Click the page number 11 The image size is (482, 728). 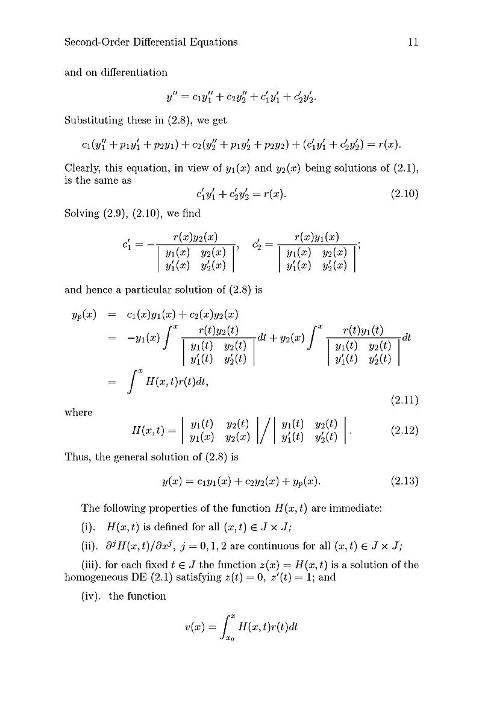(x=413, y=42)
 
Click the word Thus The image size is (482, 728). (x=77, y=456)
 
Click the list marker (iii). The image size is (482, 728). (x=93, y=565)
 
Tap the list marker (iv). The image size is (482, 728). (x=92, y=596)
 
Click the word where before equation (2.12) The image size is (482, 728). (x=78, y=413)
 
